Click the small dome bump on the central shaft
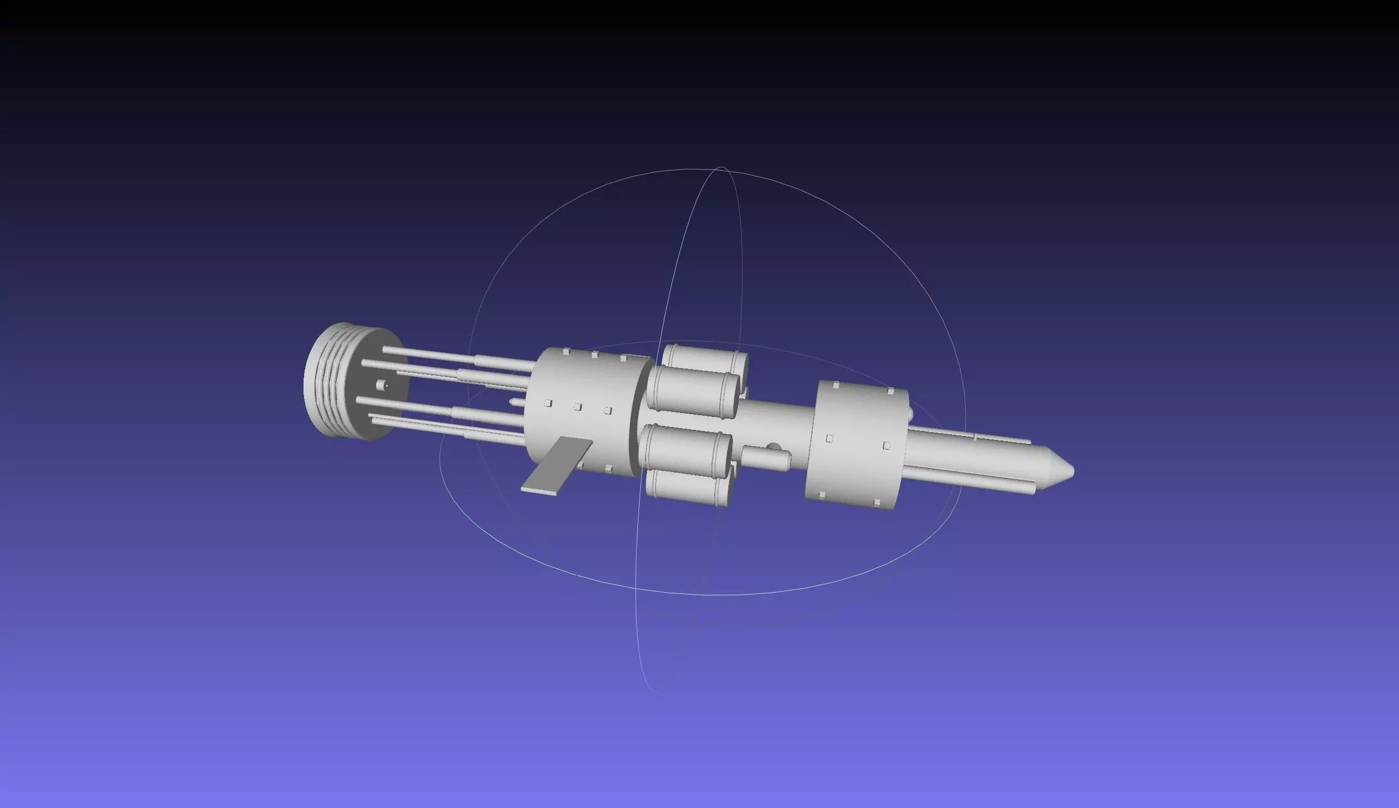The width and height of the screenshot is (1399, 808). (x=774, y=447)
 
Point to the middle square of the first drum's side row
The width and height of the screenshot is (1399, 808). (x=577, y=407)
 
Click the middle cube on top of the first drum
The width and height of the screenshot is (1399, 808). (x=594, y=355)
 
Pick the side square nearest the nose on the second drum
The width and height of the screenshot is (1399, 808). (x=886, y=446)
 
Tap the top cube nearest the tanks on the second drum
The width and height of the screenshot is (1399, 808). (x=836, y=385)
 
